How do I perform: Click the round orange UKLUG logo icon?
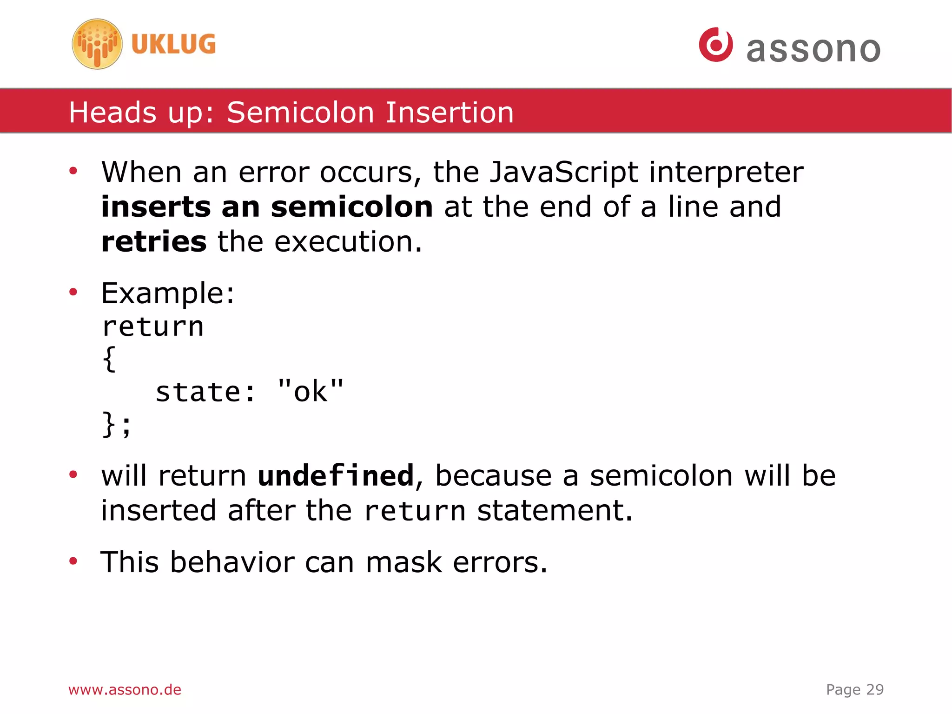pos(97,44)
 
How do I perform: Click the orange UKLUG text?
pos(173,44)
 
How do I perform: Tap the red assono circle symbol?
pos(716,45)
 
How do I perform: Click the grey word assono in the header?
pos(813,49)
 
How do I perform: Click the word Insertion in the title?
pos(450,113)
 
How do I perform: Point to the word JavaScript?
pos(564,172)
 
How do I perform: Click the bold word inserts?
pos(156,207)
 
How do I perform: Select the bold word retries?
pos(154,242)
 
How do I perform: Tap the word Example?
pos(168,294)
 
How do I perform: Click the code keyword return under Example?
pos(153,327)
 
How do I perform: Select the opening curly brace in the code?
pos(109,359)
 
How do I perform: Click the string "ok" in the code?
pos(310,391)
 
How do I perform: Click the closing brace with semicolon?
pos(116,424)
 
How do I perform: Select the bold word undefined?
pos(336,476)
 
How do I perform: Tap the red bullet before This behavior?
pos(73,561)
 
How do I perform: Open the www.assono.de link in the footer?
pos(125,690)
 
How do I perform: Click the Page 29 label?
pos(854,690)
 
